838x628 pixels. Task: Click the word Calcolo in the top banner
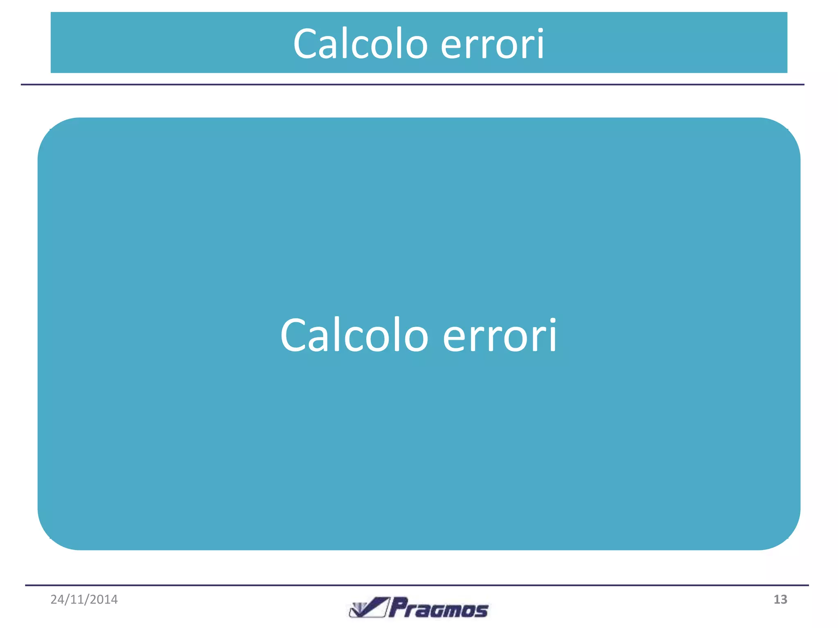(x=360, y=44)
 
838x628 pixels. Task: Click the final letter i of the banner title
(x=540, y=44)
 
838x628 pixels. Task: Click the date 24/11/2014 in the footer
(x=84, y=599)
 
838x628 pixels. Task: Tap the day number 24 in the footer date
(x=57, y=599)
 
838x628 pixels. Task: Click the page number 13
(x=780, y=599)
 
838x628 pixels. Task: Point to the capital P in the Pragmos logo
(x=398, y=607)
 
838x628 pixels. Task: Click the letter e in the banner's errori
(x=452, y=46)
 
